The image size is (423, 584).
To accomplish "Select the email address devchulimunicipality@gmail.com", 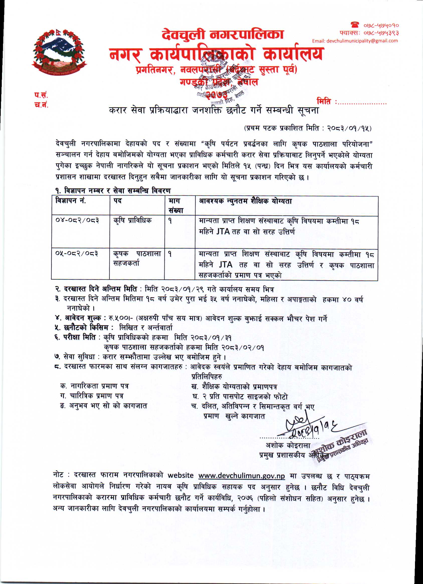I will click(355, 41).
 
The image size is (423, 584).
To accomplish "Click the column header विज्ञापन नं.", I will click(70, 201).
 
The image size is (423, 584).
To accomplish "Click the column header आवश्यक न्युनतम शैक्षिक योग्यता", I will click(245, 201).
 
